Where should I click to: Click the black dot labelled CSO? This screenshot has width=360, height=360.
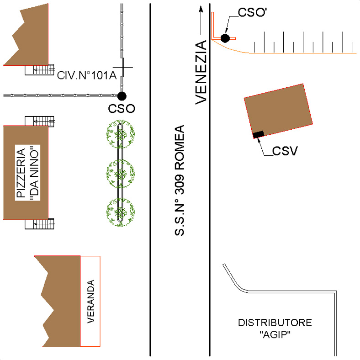[x=122, y=95]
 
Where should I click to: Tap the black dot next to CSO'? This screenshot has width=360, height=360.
[x=225, y=38]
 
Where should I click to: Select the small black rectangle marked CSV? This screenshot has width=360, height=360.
[x=259, y=134]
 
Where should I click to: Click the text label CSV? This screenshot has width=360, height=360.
[x=285, y=151]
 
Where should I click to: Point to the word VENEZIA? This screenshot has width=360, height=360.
[x=201, y=73]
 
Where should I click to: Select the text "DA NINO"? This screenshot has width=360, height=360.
[x=33, y=172]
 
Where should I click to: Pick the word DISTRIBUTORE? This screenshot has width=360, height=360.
[x=275, y=323]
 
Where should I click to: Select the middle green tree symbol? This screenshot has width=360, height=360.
[x=121, y=174]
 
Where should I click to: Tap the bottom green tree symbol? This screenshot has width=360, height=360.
[x=121, y=212]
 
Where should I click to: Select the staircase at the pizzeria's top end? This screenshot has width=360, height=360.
[x=40, y=121]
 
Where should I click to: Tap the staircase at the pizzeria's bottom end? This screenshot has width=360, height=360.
[x=40, y=223]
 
